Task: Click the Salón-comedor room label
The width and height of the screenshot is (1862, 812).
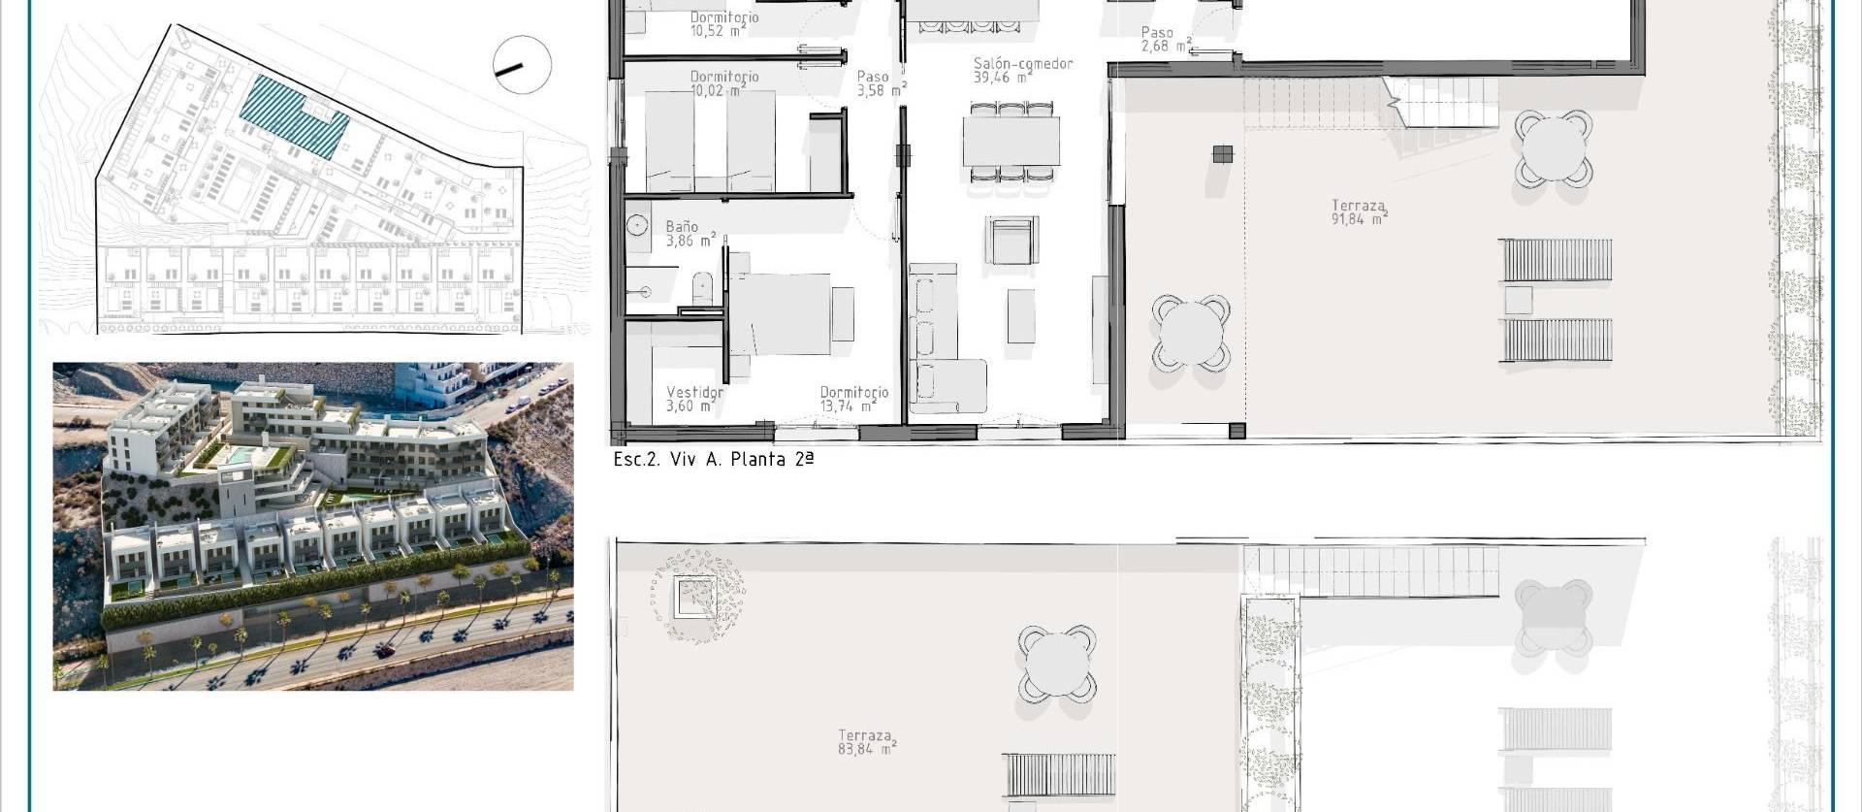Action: coord(1022,70)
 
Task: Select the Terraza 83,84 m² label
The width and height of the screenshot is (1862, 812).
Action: coord(865,742)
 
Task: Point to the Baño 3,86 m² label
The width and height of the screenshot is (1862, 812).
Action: coord(689,234)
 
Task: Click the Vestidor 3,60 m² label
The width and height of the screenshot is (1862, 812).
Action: coord(693,399)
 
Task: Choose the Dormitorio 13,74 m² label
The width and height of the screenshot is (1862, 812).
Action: coord(852,399)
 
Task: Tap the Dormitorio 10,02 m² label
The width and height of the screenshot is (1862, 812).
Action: coord(723,83)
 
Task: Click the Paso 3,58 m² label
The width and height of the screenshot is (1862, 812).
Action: coord(879,83)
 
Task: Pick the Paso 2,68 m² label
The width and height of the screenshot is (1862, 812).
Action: coord(1164,40)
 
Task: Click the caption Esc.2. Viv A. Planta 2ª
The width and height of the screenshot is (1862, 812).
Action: coord(713,460)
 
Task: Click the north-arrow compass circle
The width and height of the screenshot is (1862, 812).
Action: coord(522,65)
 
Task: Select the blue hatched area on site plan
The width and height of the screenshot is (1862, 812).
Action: coord(294,116)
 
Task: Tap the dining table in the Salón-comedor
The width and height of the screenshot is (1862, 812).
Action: coord(1011,142)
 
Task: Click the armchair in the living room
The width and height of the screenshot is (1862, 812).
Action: coord(1011,241)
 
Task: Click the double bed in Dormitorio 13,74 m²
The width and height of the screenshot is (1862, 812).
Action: coord(779,314)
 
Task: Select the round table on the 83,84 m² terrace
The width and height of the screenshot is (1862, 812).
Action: coord(1057,664)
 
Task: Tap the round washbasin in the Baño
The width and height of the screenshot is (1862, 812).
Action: coord(637,226)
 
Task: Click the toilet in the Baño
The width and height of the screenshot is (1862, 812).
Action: coord(702,288)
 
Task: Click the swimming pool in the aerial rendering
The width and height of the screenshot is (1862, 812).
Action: coord(240,455)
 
